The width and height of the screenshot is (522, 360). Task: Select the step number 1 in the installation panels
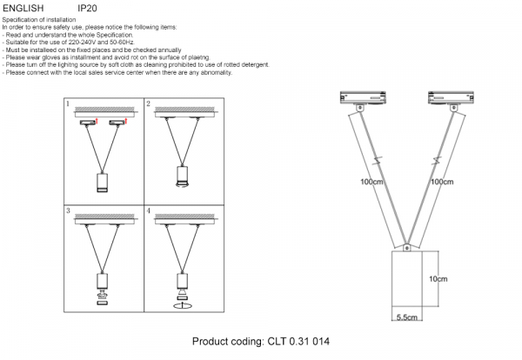point(69,105)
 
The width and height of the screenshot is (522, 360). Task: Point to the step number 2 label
point(149,105)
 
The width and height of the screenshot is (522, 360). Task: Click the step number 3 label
point(69,211)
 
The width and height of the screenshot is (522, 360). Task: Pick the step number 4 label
point(149,211)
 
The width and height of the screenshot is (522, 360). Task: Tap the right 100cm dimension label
point(443,183)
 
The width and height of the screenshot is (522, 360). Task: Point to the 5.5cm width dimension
point(407,318)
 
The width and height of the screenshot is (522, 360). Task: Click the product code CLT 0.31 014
point(261,342)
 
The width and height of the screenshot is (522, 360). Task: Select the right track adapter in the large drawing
point(449,97)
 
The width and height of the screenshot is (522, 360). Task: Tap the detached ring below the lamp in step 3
point(102,296)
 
